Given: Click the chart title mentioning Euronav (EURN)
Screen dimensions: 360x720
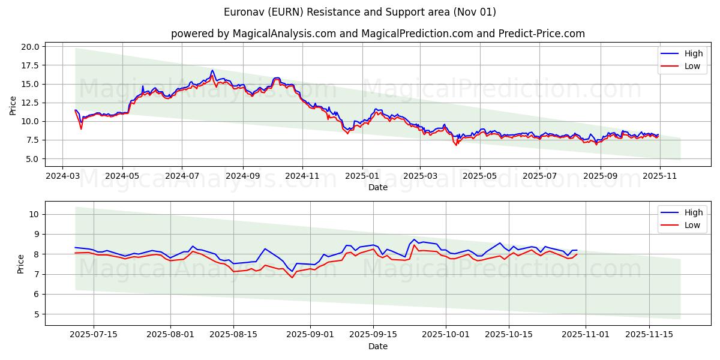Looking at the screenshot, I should pos(360,12).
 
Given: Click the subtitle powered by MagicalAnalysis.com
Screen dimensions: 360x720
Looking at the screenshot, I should pos(377,34).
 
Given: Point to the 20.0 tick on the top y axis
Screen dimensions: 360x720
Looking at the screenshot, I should pos(31,47).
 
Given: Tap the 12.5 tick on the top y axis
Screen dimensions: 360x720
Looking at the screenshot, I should pos(31,103).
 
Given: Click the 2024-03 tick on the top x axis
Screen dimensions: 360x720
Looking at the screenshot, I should pos(63,176).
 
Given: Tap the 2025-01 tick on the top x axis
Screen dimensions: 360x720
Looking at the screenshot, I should pos(362,176).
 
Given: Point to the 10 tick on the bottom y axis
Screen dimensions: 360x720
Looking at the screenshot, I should pos(34,214).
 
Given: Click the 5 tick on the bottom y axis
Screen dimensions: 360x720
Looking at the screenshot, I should pos(36,314).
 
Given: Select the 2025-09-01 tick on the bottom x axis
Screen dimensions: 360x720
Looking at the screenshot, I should pos(311,335).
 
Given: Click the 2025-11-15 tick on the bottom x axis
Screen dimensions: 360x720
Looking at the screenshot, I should pos(649,335).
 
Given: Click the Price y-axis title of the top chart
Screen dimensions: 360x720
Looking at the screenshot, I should pos(13,106).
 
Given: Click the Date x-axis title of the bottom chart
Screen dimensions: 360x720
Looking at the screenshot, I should pos(377,346).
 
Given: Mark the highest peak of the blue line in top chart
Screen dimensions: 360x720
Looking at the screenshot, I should pos(212,70).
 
